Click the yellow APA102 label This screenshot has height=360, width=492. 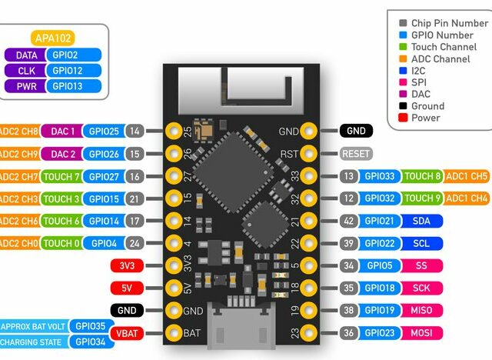[55, 38]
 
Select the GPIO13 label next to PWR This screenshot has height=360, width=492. [75, 85]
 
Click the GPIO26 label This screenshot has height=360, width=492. [103, 154]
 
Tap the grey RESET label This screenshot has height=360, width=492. [356, 154]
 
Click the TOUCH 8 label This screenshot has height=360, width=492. [421, 176]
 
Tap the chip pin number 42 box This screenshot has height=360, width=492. [348, 221]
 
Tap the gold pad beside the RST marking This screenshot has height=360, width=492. [309, 154]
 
